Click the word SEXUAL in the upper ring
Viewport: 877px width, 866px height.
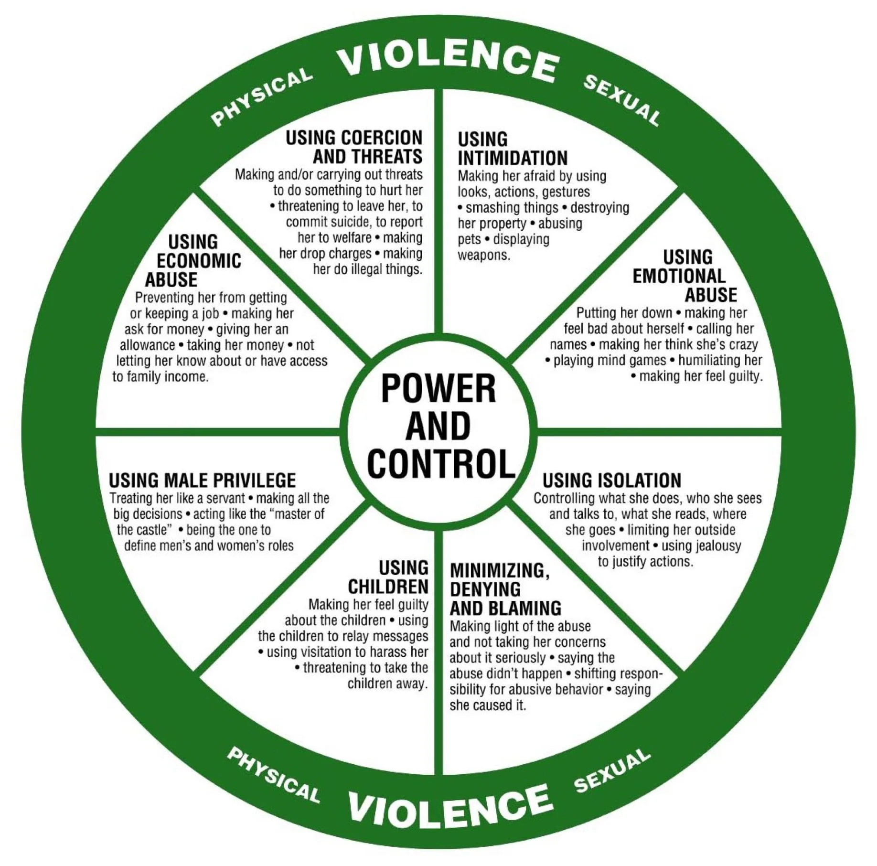(x=621, y=100)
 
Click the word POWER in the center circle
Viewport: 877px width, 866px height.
(x=438, y=388)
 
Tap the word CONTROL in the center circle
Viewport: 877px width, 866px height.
(x=441, y=464)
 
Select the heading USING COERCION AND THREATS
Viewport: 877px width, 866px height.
(x=354, y=147)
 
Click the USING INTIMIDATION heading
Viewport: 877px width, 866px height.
(x=512, y=149)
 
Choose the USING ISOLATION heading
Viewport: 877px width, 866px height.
(x=611, y=480)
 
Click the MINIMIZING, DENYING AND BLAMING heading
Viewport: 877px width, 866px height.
(x=504, y=589)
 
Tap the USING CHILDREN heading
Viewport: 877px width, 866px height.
(x=388, y=577)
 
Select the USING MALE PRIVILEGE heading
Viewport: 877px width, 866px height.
(x=203, y=480)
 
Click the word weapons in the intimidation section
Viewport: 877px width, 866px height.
(x=484, y=255)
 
